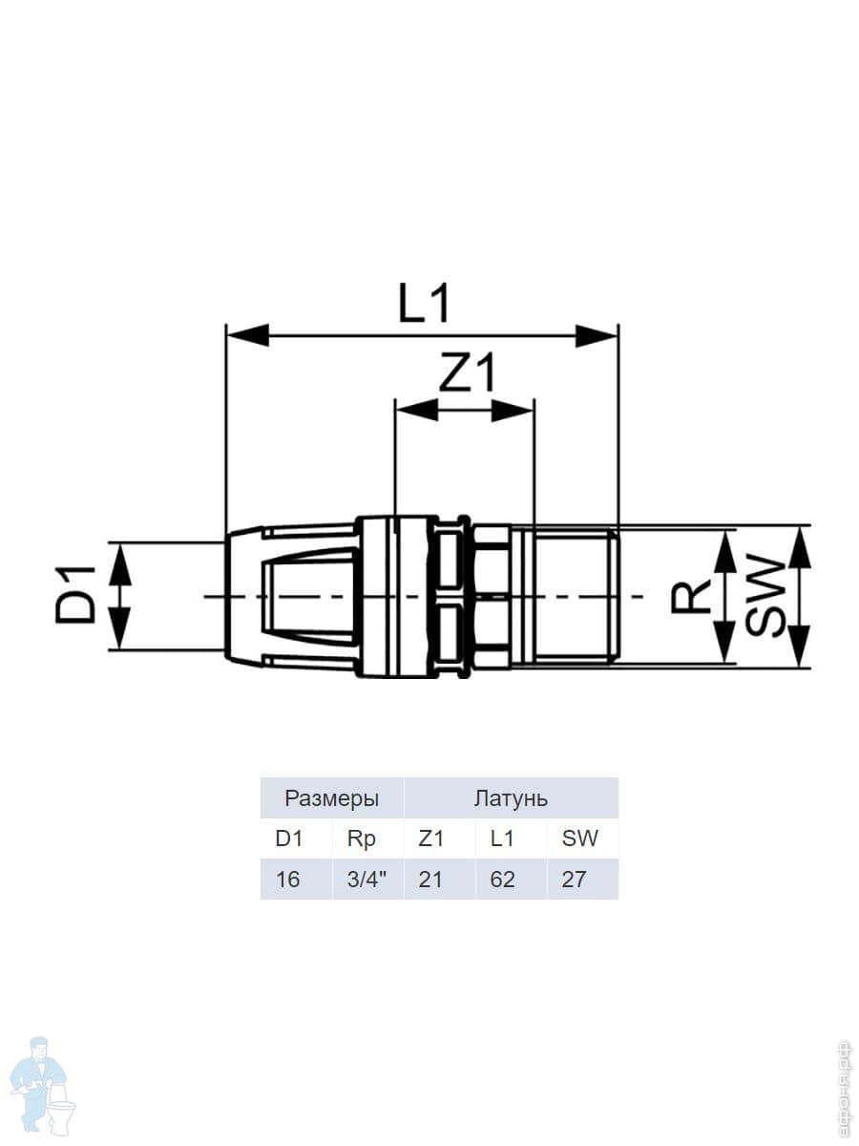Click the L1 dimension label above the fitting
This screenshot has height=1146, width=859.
[423, 304]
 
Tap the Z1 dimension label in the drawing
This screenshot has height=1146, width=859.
[466, 372]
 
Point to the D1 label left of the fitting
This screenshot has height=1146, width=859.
[76, 595]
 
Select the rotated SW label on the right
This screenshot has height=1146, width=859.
[765, 597]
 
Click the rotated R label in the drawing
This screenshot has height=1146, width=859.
[690, 596]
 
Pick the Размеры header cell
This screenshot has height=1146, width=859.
[332, 798]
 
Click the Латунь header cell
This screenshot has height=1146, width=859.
[512, 798]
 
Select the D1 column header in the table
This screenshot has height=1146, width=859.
[289, 838]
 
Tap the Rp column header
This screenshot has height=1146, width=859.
[362, 839]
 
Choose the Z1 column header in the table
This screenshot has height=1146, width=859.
[430, 838]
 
